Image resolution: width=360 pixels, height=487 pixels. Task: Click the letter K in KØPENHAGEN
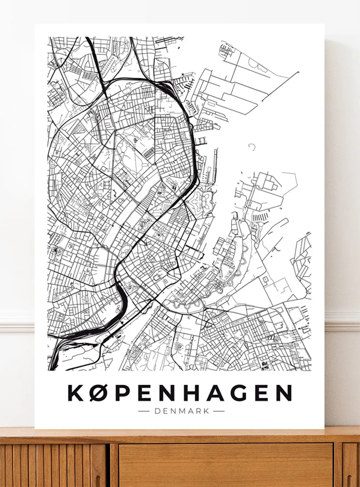[77, 393]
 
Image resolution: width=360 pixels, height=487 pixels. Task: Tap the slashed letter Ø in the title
[100, 393]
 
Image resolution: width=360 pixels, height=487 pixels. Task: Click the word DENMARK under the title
[182, 411]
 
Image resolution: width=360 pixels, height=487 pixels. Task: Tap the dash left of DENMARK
[144, 411]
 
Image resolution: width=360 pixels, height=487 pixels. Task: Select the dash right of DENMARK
[219, 411]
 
